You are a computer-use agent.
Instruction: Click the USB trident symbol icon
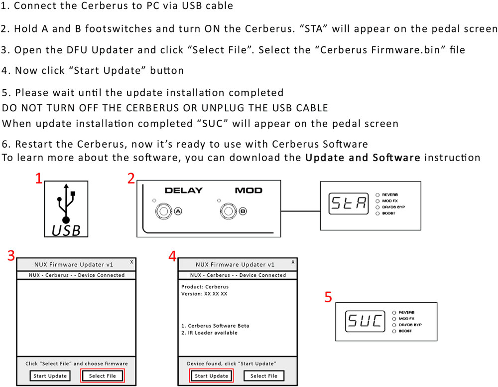[66, 203]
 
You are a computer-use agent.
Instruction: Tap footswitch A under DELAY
[164, 211]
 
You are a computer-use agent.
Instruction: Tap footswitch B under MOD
[229, 211]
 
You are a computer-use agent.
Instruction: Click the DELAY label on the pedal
[184, 191]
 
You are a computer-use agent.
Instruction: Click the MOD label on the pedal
[249, 191]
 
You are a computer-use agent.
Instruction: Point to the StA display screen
[349, 203]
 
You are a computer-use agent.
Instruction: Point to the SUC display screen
[365, 321]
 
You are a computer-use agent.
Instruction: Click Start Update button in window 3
[50, 376]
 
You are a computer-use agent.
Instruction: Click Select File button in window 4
[263, 376]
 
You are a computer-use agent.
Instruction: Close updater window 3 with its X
[131, 262]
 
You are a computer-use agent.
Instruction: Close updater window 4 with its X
[293, 262]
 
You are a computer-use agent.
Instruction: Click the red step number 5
[328, 297]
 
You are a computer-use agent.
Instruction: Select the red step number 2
[131, 179]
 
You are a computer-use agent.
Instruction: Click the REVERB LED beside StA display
[377, 195]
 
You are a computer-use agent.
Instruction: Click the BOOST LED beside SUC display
[394, 331]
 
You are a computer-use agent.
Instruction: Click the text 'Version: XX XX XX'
[204, 294]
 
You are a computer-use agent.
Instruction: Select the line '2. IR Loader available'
[209, 333]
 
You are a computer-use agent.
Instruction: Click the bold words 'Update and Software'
[363, 158]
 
